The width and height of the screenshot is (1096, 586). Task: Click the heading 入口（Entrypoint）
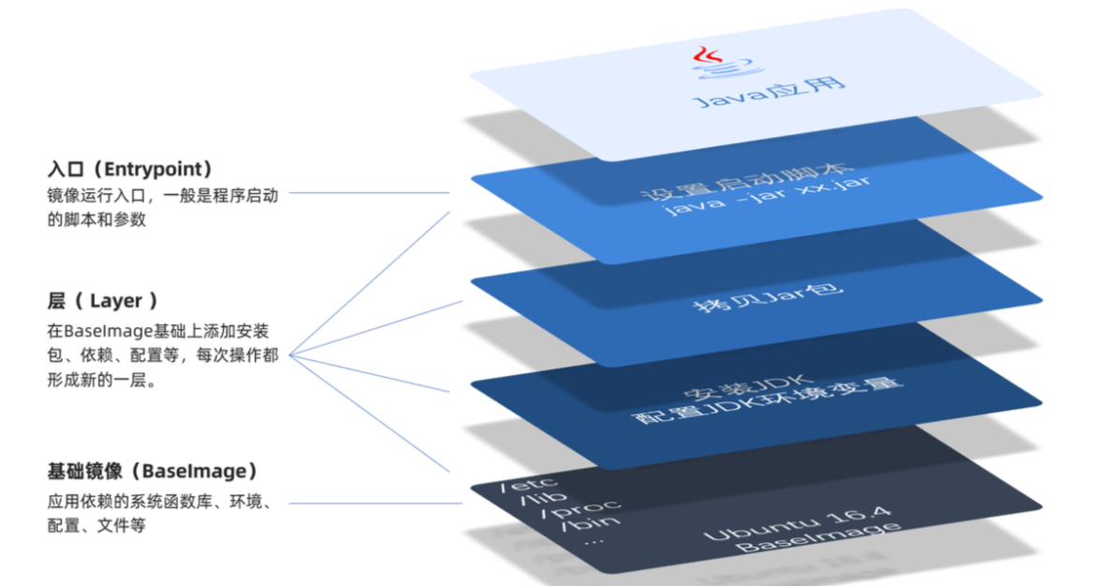pos(130,170)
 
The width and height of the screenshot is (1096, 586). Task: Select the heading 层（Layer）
pos(102,301)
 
